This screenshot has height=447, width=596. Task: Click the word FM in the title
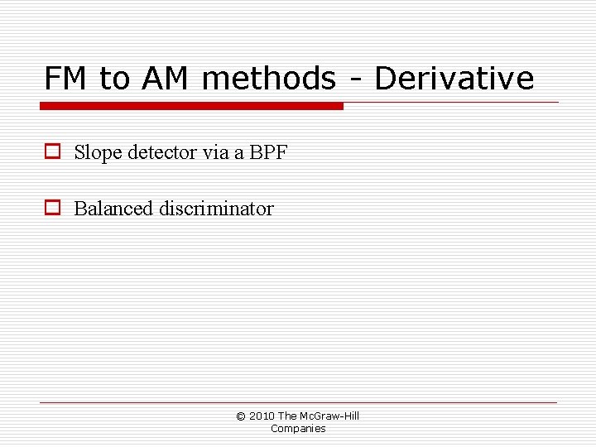[x=66, y=79]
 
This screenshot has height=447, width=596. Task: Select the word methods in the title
[x=269, y=79]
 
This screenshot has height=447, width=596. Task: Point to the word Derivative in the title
[x=454, y=79]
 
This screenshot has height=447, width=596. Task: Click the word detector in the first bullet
[x=161, y=152]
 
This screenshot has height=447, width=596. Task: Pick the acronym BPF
[x=267, y=152]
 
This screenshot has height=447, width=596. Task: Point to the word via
[x=214, y=152]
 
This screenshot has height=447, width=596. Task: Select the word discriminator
[x=216, y=209]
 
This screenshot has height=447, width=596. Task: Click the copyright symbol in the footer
[x=241, y=416]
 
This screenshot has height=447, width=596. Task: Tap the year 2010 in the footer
[x=262, y=416]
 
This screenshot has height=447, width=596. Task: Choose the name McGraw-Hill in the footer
[x=329, y=416]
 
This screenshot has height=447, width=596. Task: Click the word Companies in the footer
[x=298, y=429]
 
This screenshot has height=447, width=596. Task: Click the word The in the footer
[x=287, y=416]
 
